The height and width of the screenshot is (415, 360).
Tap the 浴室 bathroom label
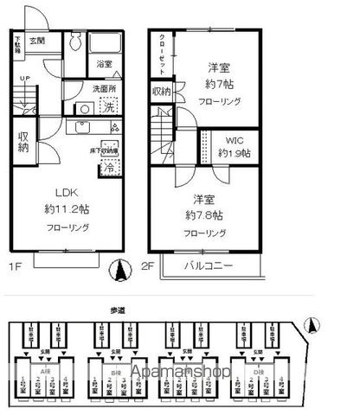pyautogui.click(x=104, y=65)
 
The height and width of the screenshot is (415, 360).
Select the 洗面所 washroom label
pyautogui.click(x=106, y=88)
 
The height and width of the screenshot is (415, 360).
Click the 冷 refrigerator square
pyautogui.click(x=109, y=169)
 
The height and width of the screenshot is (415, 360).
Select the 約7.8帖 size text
pyautogui.click(x=203, y=214)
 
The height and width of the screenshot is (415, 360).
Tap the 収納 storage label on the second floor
pyautogui.click(x=162, y=93)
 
